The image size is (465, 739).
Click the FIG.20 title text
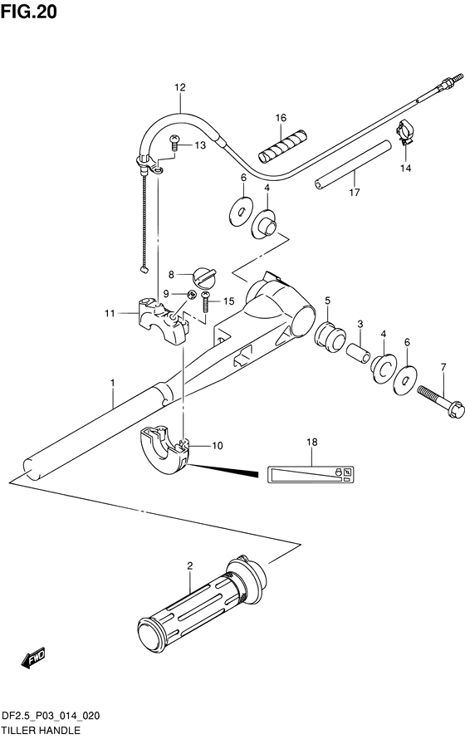29,12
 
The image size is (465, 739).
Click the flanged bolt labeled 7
440,403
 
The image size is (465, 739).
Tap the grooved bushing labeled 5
330,336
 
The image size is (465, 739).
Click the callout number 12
180,87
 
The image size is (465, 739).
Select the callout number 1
113,384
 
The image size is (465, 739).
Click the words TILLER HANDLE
41,730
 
